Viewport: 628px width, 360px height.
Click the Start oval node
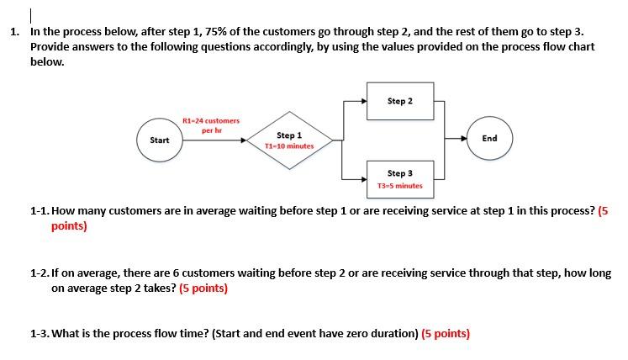coord(160,140)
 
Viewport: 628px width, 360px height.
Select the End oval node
coord(489,138)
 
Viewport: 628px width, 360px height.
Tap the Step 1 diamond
coord(289,140)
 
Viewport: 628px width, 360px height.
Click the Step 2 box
coord(400,102)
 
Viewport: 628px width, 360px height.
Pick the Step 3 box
coord(400,178)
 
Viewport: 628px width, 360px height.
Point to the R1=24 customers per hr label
coord(211,125)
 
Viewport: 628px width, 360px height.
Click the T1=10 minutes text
coord(289,146)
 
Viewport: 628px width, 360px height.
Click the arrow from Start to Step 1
coord(214,140)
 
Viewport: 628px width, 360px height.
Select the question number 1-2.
coord(40,273)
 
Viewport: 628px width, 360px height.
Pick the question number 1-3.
coord(40,333)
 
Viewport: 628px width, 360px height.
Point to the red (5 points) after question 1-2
coord(203,288)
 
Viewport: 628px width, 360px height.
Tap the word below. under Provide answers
coord(47,61)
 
